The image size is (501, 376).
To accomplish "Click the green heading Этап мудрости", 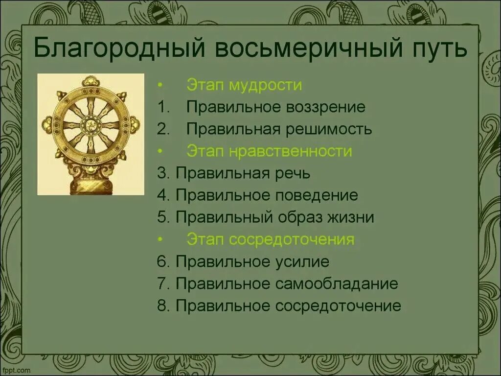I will click(244, 85).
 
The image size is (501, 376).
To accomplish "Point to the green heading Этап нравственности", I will click(269, 151).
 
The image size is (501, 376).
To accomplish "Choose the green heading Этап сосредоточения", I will click(270, 239).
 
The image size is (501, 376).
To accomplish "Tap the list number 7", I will click(162, 283).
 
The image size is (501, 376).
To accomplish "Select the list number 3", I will click(162, 173).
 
